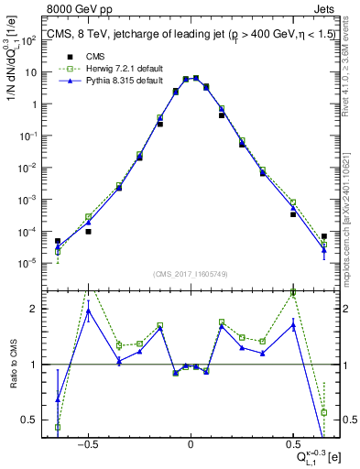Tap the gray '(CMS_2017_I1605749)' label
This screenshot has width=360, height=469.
click(x=190, y=274)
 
